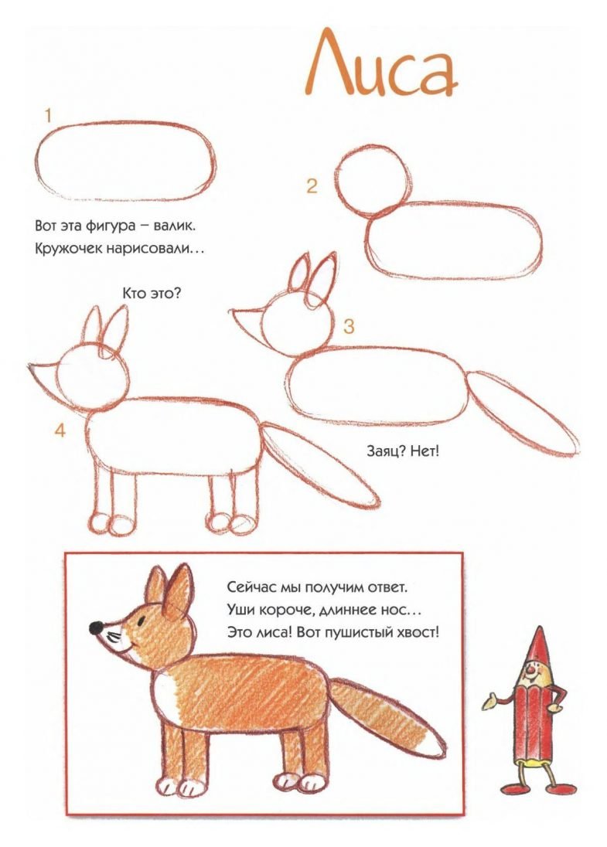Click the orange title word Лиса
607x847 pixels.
380,63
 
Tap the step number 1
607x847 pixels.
48,116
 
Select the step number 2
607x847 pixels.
312,186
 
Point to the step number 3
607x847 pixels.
349,326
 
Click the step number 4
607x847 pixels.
60,430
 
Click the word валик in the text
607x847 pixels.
175,226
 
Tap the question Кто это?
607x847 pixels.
152,294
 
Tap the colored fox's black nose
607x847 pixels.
96,628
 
